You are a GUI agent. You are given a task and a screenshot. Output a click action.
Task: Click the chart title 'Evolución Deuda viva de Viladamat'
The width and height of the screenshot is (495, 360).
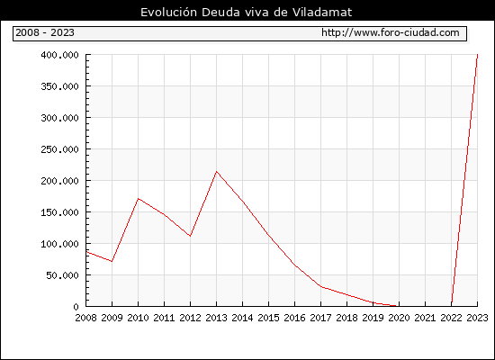(x=246, y=12)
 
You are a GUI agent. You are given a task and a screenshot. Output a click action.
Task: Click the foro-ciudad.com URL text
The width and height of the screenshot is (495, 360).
(x=391, y=32)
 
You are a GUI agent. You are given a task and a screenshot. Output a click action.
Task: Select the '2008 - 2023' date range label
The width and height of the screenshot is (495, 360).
(x=45, y=32)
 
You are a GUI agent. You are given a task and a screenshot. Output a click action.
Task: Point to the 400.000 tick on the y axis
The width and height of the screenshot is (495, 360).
(x=59, y=55)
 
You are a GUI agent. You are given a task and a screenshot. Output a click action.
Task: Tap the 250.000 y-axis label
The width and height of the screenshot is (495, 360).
(x=59, y=149)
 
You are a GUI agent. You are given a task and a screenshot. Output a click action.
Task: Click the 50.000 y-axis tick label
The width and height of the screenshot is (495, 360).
(x=62, y=275)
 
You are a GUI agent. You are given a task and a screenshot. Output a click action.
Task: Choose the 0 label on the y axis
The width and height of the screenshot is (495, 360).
(x=76, y=307)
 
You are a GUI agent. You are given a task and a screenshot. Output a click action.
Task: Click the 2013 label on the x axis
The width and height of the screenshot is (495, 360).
(x=216, y=318)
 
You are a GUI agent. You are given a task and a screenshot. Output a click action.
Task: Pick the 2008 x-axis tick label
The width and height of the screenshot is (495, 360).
(x=85, y=318)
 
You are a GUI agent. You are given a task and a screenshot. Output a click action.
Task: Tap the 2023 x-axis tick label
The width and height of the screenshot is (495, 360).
(x=477, y=318)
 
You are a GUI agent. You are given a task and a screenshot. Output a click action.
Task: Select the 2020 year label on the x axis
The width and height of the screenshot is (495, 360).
(x=399, y=318)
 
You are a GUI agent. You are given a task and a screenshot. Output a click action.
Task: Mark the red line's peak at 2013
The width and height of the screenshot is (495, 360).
(x=216, y=172)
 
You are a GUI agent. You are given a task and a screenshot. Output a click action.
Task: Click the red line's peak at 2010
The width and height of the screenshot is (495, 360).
(x=139, y=198)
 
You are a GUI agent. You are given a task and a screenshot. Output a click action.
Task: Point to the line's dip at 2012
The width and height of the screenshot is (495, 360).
(x=190, y=236)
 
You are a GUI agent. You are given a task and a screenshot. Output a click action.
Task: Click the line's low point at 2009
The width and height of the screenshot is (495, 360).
(x=112, y=262)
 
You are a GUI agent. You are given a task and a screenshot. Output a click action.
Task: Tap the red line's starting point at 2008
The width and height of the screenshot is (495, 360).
(x=86, y=252)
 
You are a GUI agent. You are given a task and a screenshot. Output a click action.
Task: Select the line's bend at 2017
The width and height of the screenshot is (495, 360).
(x=320, y=286)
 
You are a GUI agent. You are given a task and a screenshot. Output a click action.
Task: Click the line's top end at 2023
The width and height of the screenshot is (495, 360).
(x=477, y=55)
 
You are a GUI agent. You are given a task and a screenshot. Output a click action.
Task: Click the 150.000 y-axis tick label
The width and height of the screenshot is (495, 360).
(x=59, y=212)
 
